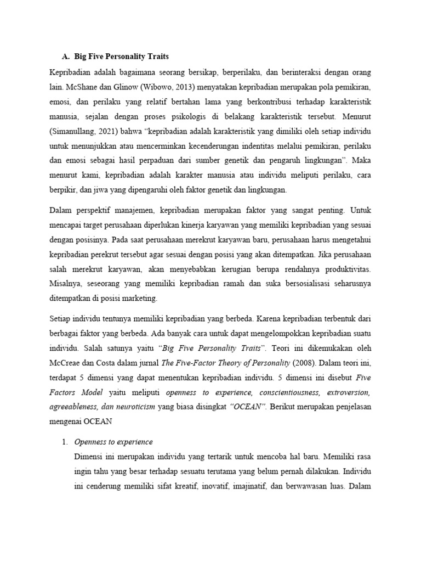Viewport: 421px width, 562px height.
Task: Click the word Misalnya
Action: point(66,284)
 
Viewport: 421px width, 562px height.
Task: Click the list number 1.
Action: point(64,442)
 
